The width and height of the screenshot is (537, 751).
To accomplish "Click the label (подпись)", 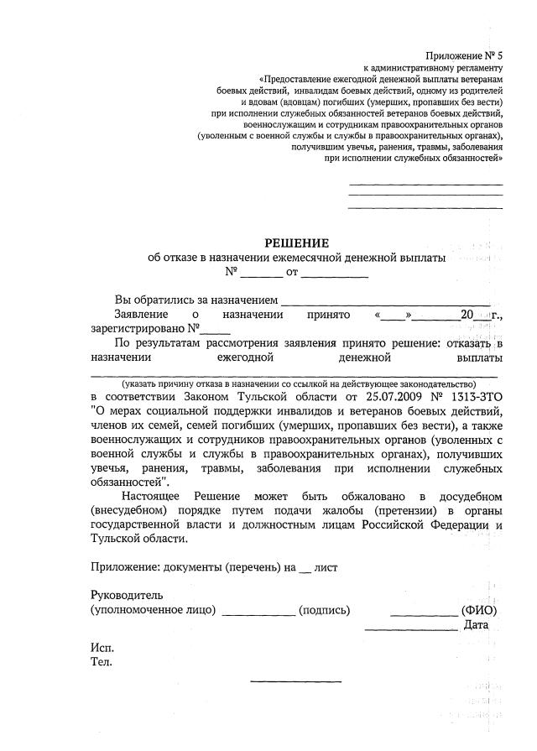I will pyautogui.click(x=325, y=610).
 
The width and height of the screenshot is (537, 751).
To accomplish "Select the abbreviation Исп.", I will pyautogui.click(x=102, y=648).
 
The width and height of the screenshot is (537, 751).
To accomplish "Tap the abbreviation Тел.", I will pyautogui.click(x=102, y=662).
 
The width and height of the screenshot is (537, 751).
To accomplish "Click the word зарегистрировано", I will pyautogui.click(x=137, y=329).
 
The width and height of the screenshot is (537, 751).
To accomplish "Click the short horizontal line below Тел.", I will pyautogui.click(x=296, y=680).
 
